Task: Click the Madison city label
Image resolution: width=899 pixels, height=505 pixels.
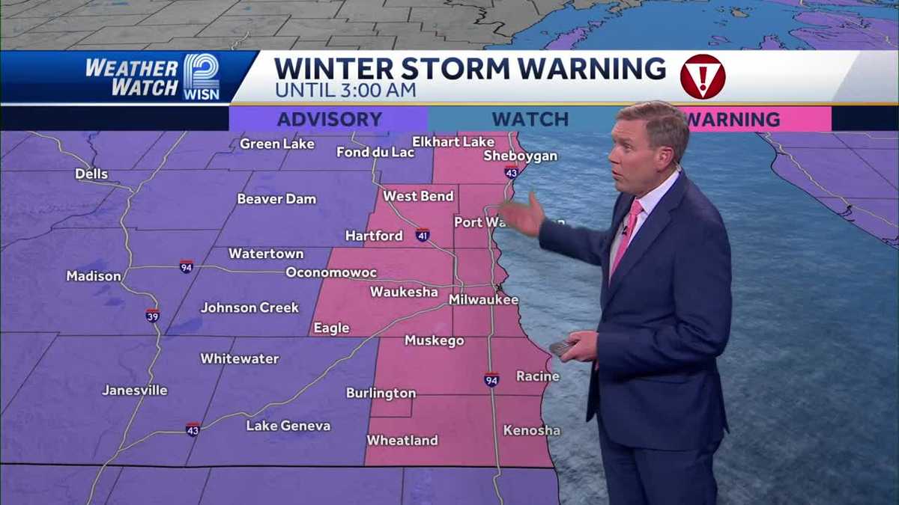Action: coord(94,276)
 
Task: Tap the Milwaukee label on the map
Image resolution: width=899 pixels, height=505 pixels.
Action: coord(483,299)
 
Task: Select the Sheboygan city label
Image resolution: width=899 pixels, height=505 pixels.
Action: coord(521,156)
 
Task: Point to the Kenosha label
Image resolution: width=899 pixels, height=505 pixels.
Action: coord(531,430)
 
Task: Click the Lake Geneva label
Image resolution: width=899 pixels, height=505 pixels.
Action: coord(288,426)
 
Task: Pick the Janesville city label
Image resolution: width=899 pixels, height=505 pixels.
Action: coord(135,390)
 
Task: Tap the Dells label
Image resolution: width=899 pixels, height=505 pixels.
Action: coord(91,174)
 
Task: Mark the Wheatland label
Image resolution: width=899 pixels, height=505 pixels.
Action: coord(402,440)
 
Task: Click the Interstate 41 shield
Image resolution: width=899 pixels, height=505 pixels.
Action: coord(423,235)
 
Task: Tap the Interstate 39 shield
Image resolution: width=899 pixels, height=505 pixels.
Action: coord(152,315)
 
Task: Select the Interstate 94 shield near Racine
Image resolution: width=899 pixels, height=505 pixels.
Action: coord(491,379)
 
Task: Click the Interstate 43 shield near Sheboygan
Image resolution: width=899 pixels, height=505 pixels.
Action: coord(511,172)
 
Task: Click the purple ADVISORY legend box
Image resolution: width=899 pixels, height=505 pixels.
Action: coord(329,119)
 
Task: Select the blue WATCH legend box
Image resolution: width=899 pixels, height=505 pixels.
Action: coord(530,119)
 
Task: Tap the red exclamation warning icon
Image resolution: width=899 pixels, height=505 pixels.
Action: coord(702,76)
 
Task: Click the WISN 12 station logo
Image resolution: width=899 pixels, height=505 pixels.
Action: coord(201,76)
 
